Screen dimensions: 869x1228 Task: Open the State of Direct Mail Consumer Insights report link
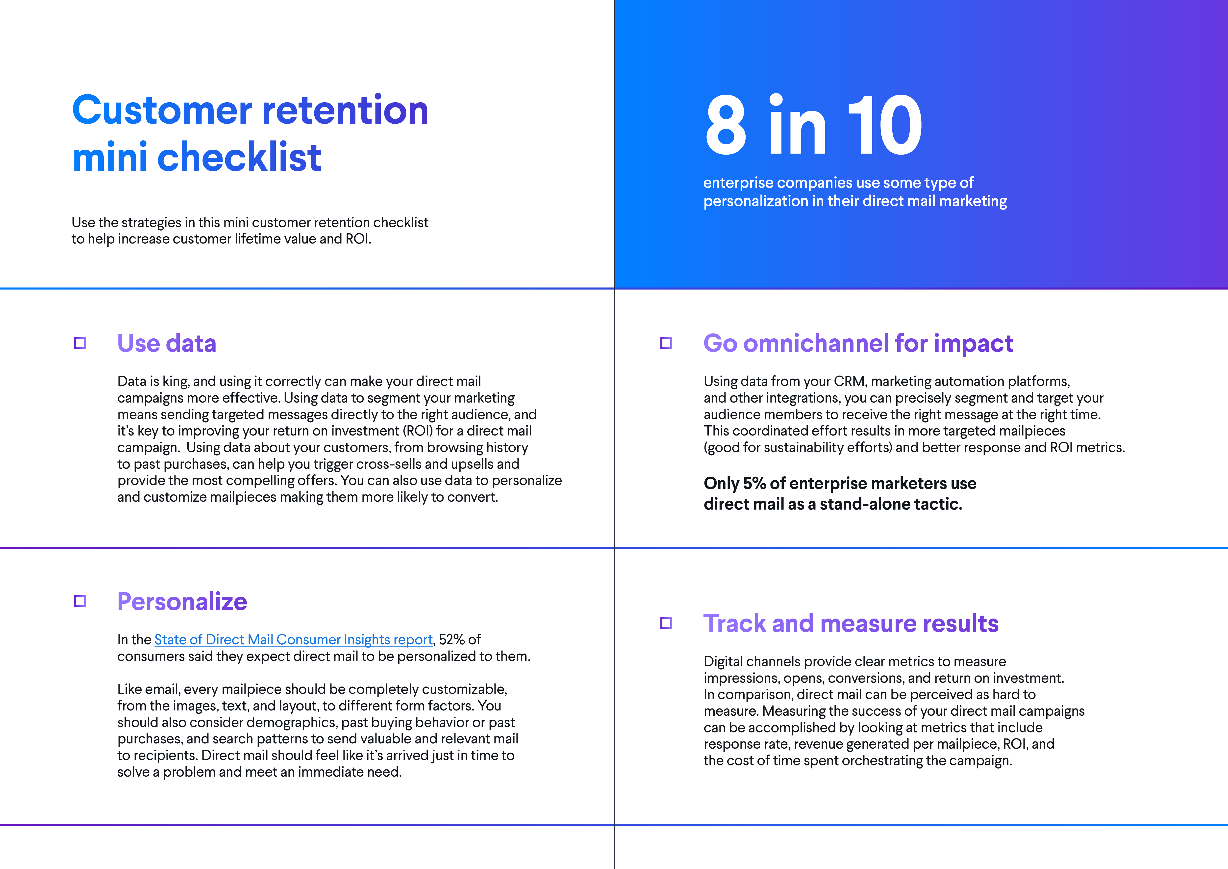[293, 640]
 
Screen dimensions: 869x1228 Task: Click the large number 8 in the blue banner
[726, 126]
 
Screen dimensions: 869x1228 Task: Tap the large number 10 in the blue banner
[885, 126]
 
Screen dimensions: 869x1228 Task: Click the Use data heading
[166, 344]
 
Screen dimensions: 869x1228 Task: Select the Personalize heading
[182, 602]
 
